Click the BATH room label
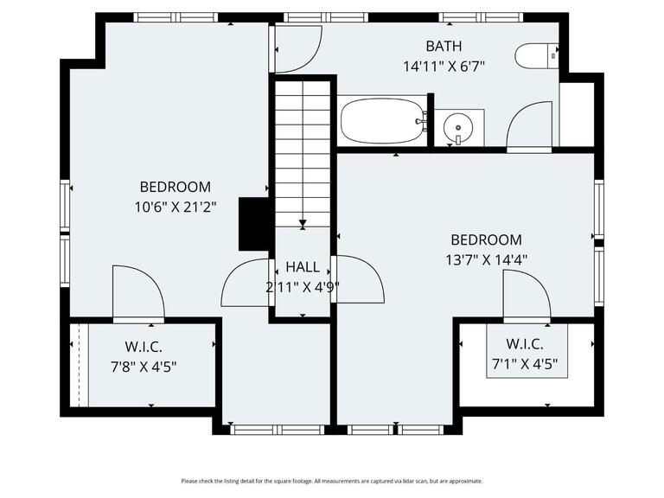pyautogui.click(x=444, y=46)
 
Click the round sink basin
pyautogui.click(x=456, y=130)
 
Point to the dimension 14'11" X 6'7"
pyautogui.click(x=444, y=66)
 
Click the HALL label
pyautogui.click(x=302, y=267)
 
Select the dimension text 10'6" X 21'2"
pyautogui.click(x=176, y=207)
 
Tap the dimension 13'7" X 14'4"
pyautogui.click(x=486, y=259)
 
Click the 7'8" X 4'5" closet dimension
pyautogui.click(x=144, y=366)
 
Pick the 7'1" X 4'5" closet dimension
pyautogui.click(x=526, y=364)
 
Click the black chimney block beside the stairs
pyautogui.click(x=254, y=224)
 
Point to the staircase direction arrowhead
pyautogui.click(x=303, y=224)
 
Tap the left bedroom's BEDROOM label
pyautogui.click(x=176, y=187)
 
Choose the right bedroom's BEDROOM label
pyautogui.click(x=486, y=240)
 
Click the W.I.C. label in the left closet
pyautogui.click(x=144, y=347)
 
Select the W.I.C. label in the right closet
pyautogui.click(x=525, y=344)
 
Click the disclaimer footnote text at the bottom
pyautogui.click(x=332, y=481)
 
